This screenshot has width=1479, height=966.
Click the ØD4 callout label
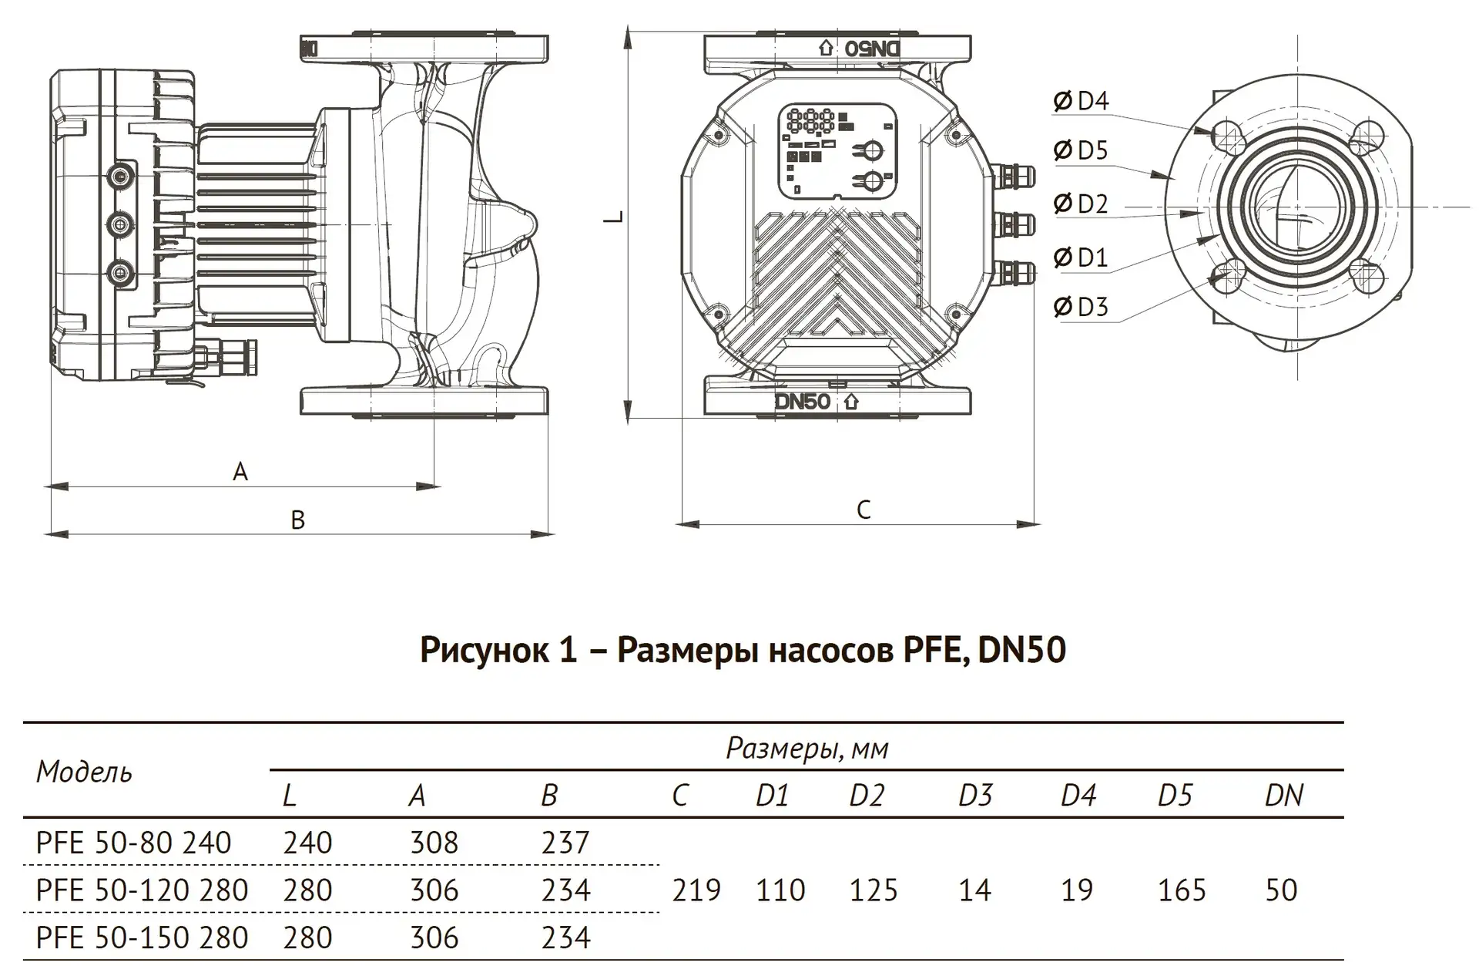tap(1081, 101)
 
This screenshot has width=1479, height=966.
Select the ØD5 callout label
tap(1081, 150)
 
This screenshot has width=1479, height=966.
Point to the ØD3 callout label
tap(1081, 307)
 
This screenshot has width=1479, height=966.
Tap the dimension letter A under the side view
tap(240, 471)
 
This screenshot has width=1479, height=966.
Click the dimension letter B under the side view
tap(298, 520)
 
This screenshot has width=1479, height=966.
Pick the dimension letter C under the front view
tap(864, 510)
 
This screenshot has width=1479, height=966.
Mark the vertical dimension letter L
tap(614, 216)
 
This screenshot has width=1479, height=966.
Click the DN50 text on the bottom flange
tap(803, 402)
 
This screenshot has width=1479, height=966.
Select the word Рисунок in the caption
tap(486, 650)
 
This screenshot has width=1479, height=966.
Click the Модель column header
tap(85, 772)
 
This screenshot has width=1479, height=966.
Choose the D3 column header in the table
tap(975, 795)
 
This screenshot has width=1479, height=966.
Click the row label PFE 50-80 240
tap(133, 843)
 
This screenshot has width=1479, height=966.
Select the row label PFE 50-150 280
tap(142, 937)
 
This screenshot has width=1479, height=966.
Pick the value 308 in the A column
tap(434, 843)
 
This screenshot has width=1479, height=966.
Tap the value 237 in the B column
tap(565, 843)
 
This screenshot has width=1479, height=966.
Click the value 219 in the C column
tap(696, 890)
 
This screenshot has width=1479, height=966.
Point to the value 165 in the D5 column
tap(1182, 890)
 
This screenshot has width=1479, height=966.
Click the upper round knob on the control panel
tap(871, 150)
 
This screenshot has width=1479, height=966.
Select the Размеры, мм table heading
tap(807, 748)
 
